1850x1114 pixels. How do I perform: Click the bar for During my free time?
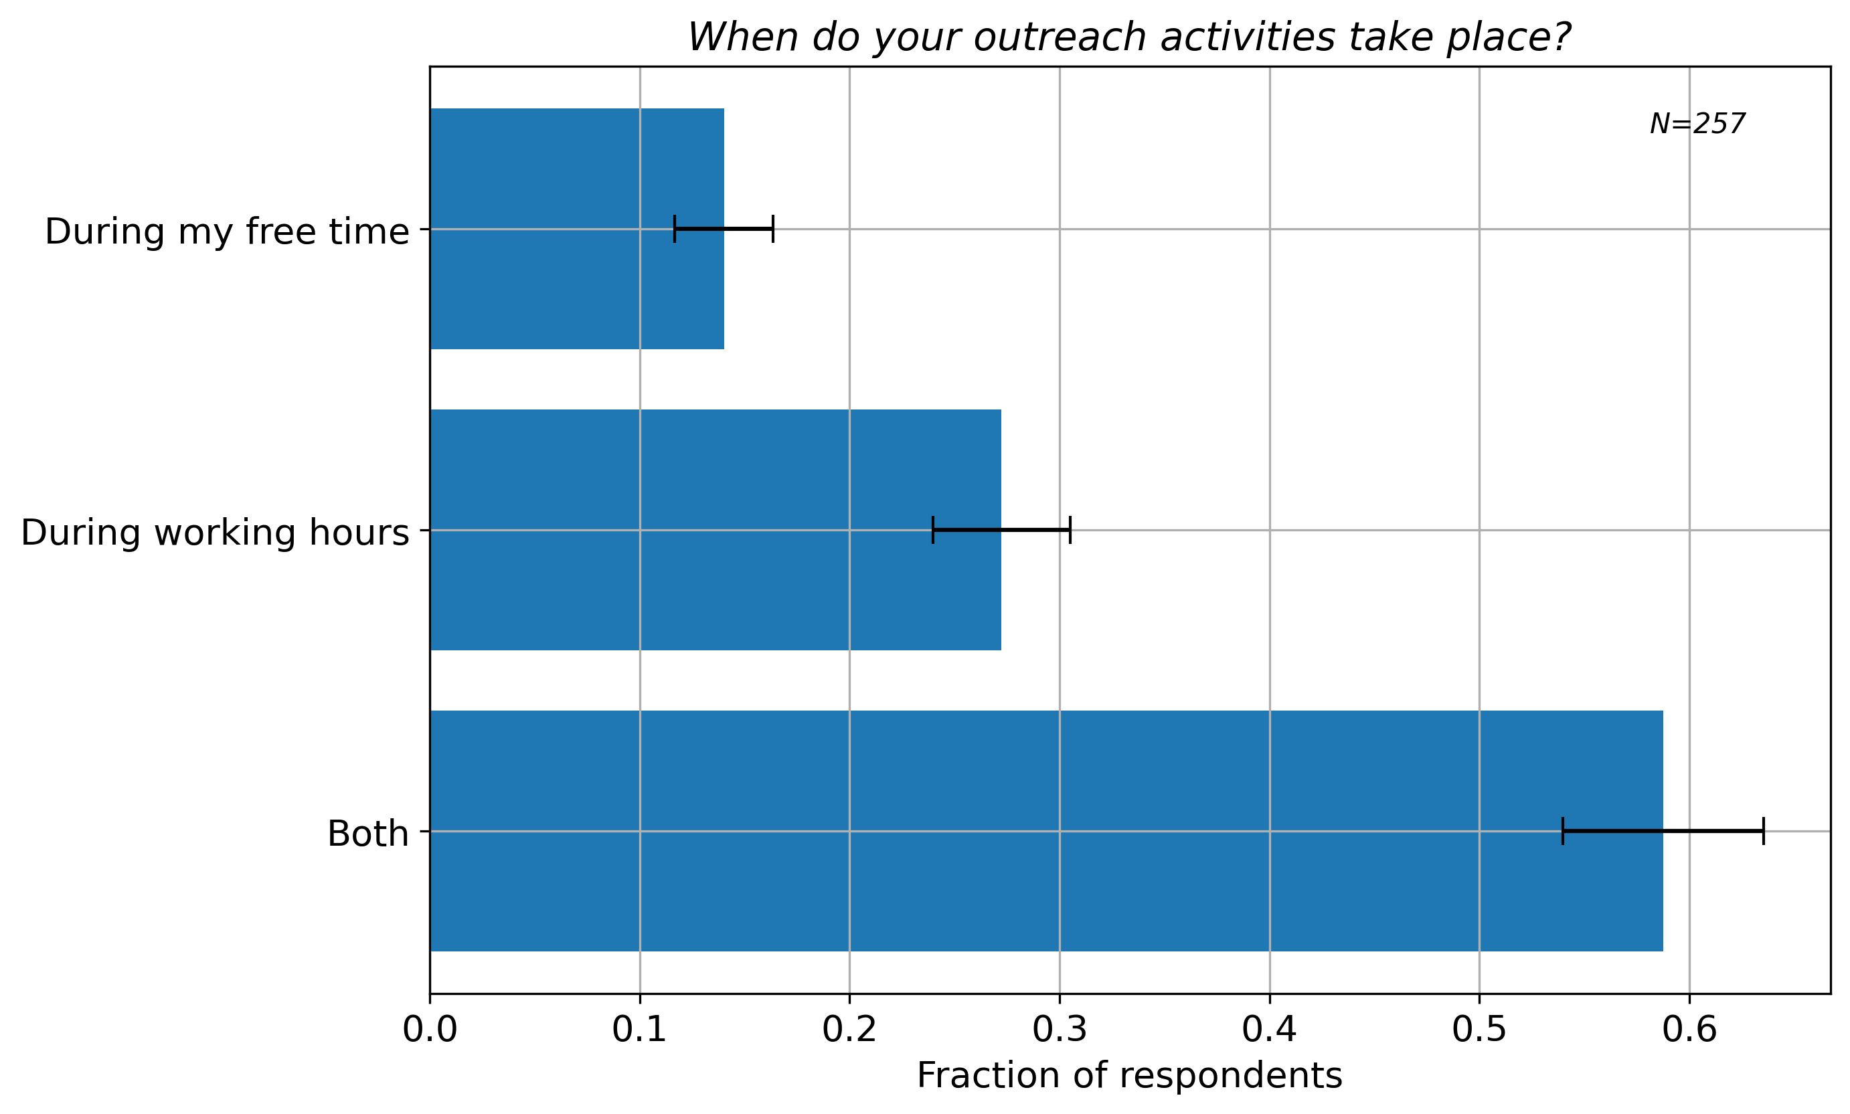pyautogui.click(x=578, y=229)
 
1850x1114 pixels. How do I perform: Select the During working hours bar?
pyautogui.click(x=716, y=530)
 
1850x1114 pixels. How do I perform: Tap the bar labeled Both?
pyautogui.click(x=1047, y=831)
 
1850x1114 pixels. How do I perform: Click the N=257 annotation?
pyautogui.click(x=1697, y=124)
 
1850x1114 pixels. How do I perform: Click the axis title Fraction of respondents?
pyautogui.click(x=1130, y=1076)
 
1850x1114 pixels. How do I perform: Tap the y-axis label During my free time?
pyautogui.click(x=228, y=231)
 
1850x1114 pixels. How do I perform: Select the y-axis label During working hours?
pyautogui.click(x=216, y=533)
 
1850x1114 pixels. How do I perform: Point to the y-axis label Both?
pyautogui.click(x=369, y=834)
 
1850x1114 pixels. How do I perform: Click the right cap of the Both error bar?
pyautogui.click(x=1764, y=831)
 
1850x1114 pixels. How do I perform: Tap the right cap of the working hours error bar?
pyautogui.click(x=1070, y=530)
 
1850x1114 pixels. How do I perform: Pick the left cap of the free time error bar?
pyautogui.click(x=675, y=229)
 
